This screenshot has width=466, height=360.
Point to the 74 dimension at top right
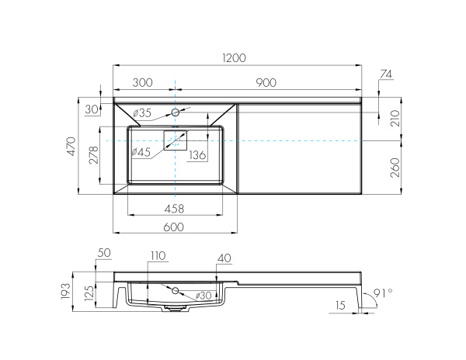coord(387,75)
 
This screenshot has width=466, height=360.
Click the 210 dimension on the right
coord(395,119)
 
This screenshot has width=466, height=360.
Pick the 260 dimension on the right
coord(395,165)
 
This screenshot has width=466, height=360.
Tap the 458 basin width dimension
coord(175,208)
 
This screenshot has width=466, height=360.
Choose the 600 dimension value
coord(175,226)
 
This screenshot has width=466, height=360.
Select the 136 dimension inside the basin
coord(197,155)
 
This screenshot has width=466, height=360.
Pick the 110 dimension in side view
coord(158,257)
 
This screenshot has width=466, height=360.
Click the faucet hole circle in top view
coord(176,112)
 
